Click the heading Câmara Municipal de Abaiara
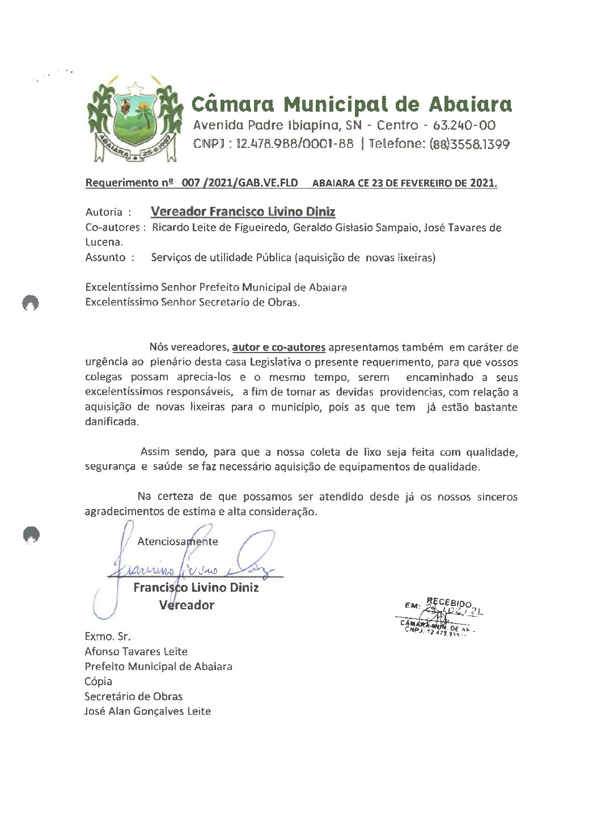pyautogui.click(x=351, y=104)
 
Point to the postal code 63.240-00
pyautogui.click(x=464, y=125)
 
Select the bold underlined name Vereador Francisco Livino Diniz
pyautogui.click(x=243, y=211)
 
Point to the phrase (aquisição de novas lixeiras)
pyautogui.click(x=365, y=257)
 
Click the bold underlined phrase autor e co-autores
pyautogui.click(x=278, y=347)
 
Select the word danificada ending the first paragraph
pyautogui.click(x=110, y=422)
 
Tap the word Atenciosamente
pyautogui.click(x=177, y=541)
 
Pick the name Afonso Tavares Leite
pyautogui.click(x=136, y=652)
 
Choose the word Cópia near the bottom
pyautogui.click(x=98, y=681)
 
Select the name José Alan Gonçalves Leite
pyautogui.click(x=147, y=711)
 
